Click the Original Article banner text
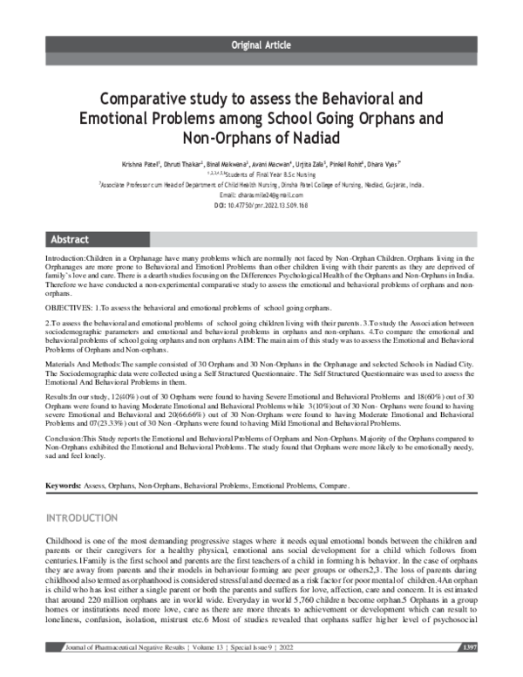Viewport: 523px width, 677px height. point(261,44)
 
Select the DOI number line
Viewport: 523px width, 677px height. point(261,205)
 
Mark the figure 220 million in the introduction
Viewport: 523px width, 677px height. point(101,601)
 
